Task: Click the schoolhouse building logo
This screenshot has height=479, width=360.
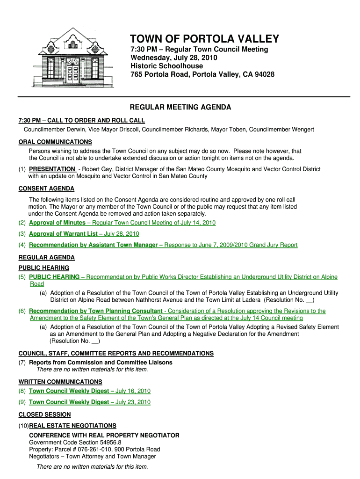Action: point(72,58)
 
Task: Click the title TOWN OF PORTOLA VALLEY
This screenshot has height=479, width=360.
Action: point(204,39)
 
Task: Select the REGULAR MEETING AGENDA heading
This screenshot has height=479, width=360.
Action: point(180,107)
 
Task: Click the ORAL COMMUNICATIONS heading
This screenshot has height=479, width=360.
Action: point(55,142)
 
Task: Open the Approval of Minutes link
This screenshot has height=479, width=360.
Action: point(57,223)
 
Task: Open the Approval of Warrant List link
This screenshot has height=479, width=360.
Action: point(63,234)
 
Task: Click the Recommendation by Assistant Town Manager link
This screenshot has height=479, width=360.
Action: point(93,245)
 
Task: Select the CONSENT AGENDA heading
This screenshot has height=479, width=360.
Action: point(46,189)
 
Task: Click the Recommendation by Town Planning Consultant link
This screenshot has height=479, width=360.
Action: point(95,311)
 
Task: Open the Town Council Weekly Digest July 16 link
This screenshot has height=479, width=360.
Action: point(89,391)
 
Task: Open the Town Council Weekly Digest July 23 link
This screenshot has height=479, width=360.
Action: point(89,402)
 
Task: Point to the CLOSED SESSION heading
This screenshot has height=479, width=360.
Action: point(44,414)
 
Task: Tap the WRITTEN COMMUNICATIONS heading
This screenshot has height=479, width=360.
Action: point(60,382)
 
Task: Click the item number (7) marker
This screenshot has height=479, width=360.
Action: point(22,363)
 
